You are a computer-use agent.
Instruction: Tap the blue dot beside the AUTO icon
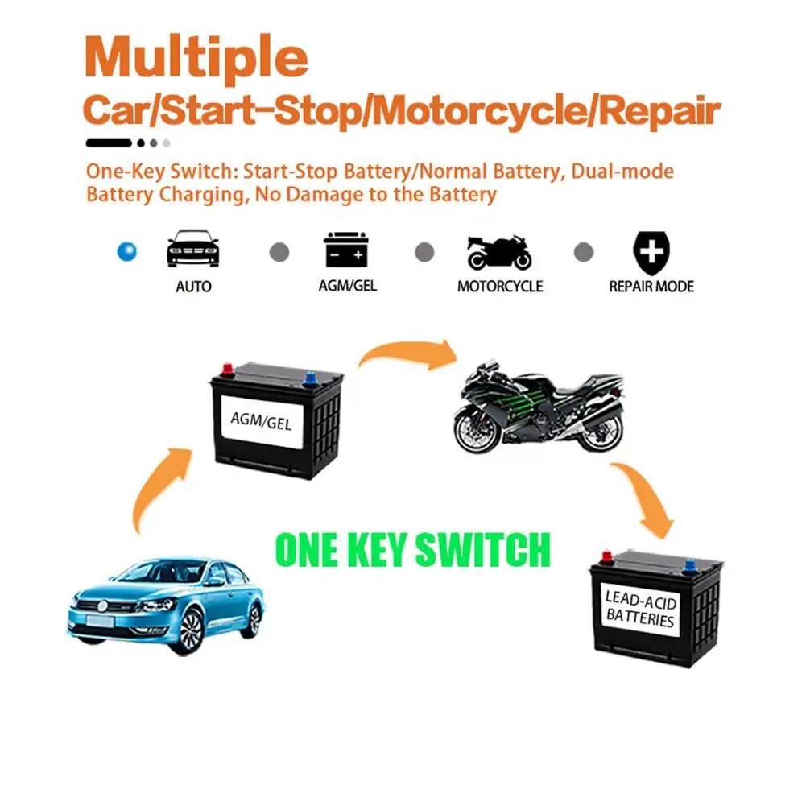[126, 251]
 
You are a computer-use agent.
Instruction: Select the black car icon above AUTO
[192, 249]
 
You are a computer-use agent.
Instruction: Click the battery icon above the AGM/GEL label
[346, 250]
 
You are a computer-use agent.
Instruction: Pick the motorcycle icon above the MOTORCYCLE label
[499, 251]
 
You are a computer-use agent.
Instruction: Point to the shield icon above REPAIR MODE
[651, 251]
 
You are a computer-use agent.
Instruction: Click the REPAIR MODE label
[651, 286]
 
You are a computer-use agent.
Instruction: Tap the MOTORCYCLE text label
[499, 286]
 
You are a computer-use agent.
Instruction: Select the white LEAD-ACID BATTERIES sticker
[640, 609]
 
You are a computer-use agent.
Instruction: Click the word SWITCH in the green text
[482, 549]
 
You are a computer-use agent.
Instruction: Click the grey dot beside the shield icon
[583, 252]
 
